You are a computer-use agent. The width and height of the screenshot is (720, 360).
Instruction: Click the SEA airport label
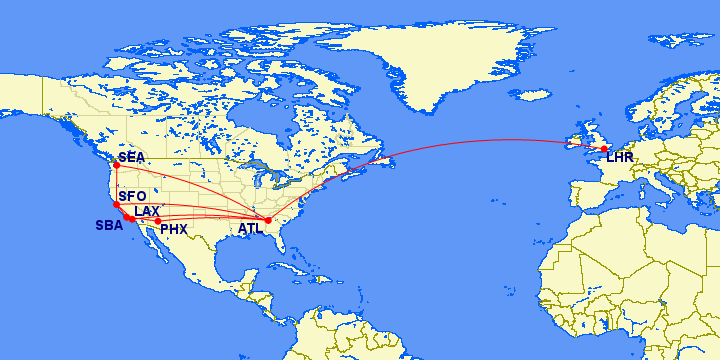tap(131, 158)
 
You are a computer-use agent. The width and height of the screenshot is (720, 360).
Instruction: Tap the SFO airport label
tap(133, 196)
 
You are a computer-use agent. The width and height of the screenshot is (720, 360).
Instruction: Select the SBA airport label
tap(109, 226)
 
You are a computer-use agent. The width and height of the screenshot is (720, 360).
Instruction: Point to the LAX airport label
tap(147, 211)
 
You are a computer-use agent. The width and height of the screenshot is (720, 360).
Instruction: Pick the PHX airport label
tap(174, 229)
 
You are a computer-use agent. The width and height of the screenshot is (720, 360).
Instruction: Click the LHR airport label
tap(619, 157)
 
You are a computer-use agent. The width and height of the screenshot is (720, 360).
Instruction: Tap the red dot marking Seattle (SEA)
tap(116, 166)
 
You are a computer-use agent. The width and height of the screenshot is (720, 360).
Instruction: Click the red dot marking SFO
tap(116, 204)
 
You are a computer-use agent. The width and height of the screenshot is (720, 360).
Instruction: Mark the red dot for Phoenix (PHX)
tap(158, 221)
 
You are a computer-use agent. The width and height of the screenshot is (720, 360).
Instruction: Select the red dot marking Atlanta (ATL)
tap(268, 220)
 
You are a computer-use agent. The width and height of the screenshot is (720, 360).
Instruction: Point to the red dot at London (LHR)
tap(604, 149)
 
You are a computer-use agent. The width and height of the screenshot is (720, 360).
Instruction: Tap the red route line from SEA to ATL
tap(190, 191)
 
